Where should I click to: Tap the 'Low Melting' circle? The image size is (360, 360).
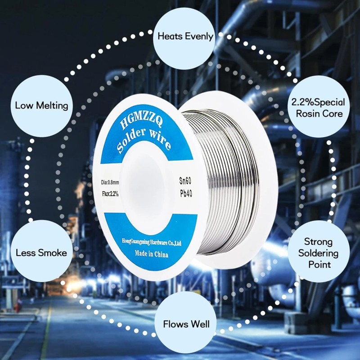coord(41,106)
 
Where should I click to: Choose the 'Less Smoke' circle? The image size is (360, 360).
coord(41,252)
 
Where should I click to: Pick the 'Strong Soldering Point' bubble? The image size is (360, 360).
coord(319,252)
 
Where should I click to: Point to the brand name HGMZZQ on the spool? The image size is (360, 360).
coord(138,122)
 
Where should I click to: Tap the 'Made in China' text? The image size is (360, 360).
coord(151,254)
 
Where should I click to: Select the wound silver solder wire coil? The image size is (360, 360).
coord(229,180)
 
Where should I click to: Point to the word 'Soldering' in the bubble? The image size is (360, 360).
coord(319,253)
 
